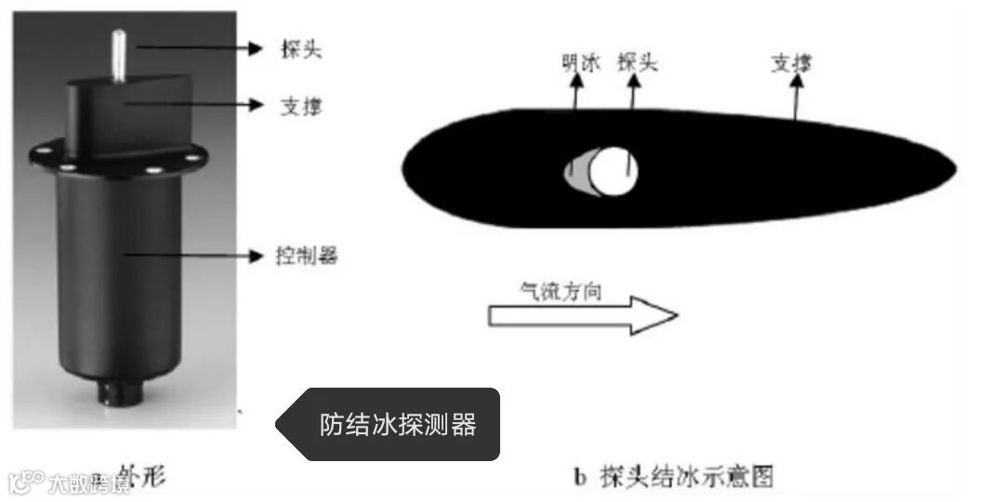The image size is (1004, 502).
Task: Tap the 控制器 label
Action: [x=307, y=256]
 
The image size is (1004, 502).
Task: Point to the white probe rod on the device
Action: [x=119, y=55]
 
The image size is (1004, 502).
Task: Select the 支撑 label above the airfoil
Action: [x=791, y=64]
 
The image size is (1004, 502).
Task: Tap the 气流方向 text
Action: [x=560, y=291]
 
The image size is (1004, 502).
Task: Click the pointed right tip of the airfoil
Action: [x=952, y=171]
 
